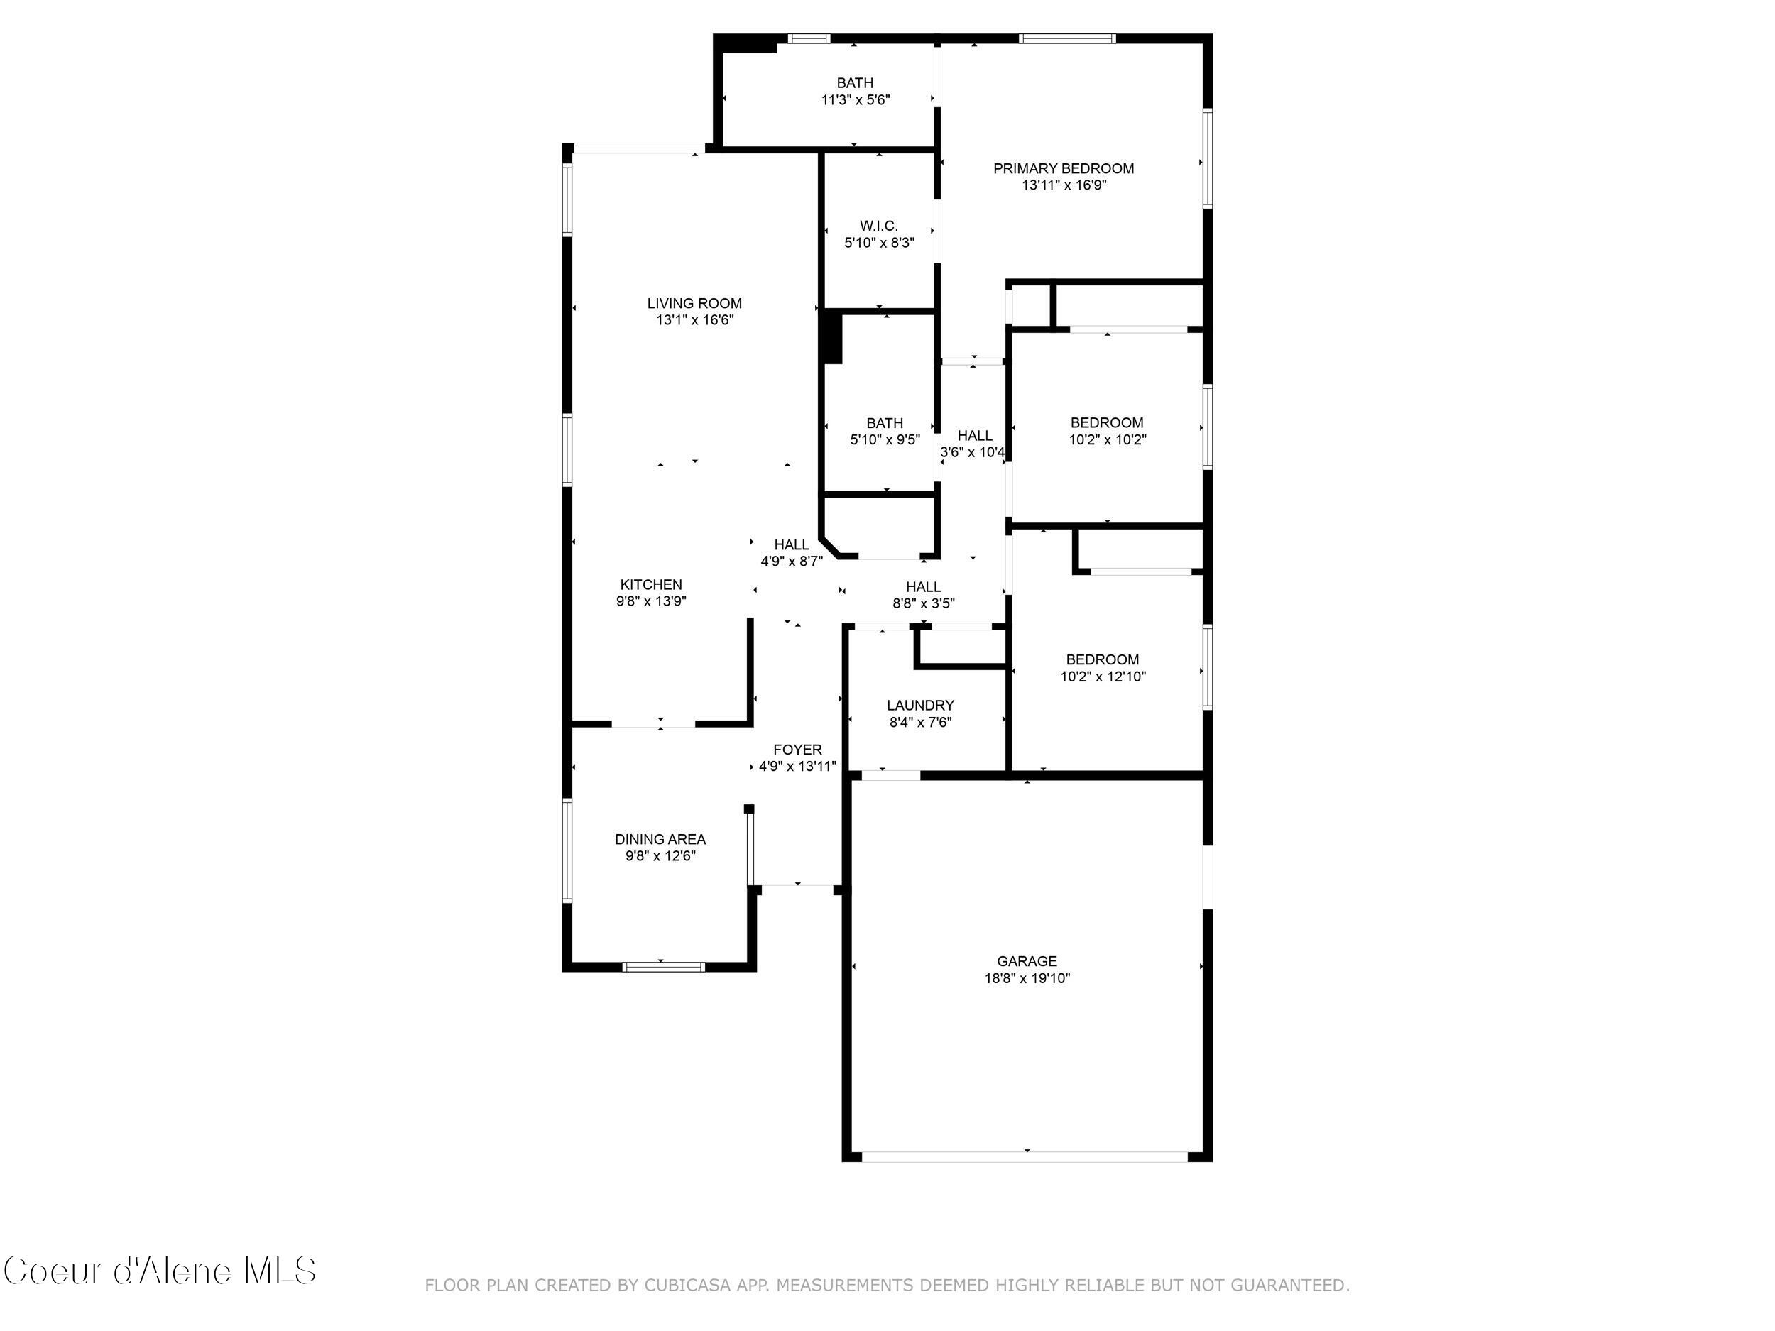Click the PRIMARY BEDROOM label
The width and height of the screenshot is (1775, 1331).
[1064, 168]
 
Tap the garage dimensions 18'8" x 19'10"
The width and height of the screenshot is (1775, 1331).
[1027, 978]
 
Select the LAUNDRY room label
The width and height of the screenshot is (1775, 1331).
[919, 705]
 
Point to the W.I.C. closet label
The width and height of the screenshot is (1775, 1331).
[879, 226]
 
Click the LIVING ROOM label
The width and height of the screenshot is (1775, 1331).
[694, 303]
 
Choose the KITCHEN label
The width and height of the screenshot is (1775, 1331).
[651, 585]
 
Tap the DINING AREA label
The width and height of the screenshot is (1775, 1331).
[660, 839]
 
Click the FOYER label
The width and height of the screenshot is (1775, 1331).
[797, 750]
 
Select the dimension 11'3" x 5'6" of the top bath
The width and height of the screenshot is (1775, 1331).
[855, 100]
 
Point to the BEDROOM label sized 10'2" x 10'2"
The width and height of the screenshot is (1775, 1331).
[1107, 423]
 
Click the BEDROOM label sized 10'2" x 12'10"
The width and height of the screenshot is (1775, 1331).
[1102, 659]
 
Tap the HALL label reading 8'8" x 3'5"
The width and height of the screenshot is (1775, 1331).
[923, 587]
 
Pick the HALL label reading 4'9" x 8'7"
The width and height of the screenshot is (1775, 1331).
[791, 544]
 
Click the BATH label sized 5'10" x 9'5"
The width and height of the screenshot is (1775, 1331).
[884, 423]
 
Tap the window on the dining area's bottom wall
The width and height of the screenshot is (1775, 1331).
[664, 967]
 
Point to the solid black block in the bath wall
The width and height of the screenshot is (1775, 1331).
[832, 338]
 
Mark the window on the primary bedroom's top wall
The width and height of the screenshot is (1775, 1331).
[1066, 38]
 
